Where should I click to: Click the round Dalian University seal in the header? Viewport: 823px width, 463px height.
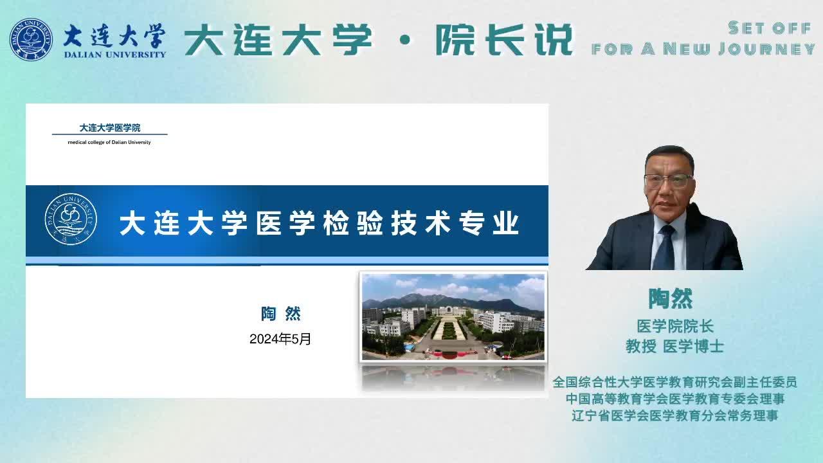click(31, 39)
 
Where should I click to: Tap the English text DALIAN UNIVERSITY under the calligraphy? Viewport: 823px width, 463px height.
click(115, 55)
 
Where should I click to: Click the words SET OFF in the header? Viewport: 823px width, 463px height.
click(770, 28)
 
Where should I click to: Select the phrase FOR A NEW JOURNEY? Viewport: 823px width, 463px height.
click(703, 49)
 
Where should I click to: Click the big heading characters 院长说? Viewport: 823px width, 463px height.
click(504, 40)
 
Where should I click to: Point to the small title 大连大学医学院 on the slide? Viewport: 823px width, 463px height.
click(110, 128)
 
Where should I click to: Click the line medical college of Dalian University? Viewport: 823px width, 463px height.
click(109, 142)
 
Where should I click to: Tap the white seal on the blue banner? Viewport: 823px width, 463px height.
click(71, 219)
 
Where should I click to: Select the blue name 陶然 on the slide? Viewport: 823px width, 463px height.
click(281, 314)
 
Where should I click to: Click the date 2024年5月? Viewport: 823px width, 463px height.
click(280, 339)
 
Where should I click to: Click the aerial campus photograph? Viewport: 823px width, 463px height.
click(453, 317)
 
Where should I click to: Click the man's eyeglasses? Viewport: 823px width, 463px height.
click(669, 181)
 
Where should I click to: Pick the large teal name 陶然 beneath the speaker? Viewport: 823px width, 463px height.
click(671, 299)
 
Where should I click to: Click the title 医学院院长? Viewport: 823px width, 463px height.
click(675, 326)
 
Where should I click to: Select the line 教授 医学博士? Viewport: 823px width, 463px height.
click(675, 346)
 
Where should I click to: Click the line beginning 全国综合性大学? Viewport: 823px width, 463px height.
click(675, 382)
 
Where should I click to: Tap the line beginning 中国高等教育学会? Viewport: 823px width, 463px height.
click(675, 399)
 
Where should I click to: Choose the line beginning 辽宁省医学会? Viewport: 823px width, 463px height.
click(675, 415)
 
